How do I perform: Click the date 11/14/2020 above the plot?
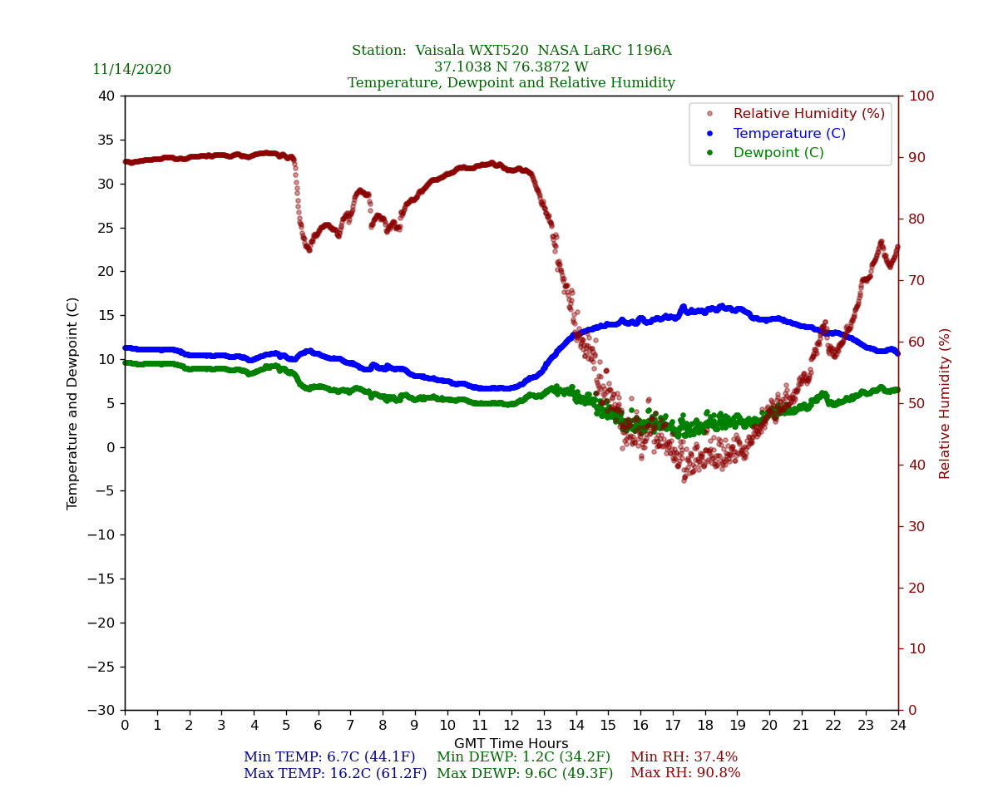(x=131, y=70)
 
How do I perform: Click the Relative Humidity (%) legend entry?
(x=808, y=114)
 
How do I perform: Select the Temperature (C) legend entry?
(x=788, y=134)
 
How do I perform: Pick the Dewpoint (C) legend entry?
(x=778, y=153)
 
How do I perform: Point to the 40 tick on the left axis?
(x=106, y=96)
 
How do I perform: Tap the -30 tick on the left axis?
(x=102, y=711)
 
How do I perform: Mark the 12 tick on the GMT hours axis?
(x=511, y=725)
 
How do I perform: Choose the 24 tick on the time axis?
(x=898, y=725)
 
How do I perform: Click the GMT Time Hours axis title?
(x=511, y=744)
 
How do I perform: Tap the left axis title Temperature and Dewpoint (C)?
(x=73, y=403)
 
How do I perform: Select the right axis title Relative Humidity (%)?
(x=945, y=403)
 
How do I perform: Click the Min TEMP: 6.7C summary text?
(x=329, y=757)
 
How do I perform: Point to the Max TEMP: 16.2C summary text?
(x=335, y=774)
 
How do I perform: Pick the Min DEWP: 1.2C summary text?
(x=523, y=757)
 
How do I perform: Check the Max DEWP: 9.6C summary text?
(x=525, y=774)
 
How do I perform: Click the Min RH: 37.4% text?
(x=684, y=757)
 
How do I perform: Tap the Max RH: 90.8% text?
(x=685, y=774)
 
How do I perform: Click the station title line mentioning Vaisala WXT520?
(x=511, y=51)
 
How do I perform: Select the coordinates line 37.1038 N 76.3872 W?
(x=511, y=67)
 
